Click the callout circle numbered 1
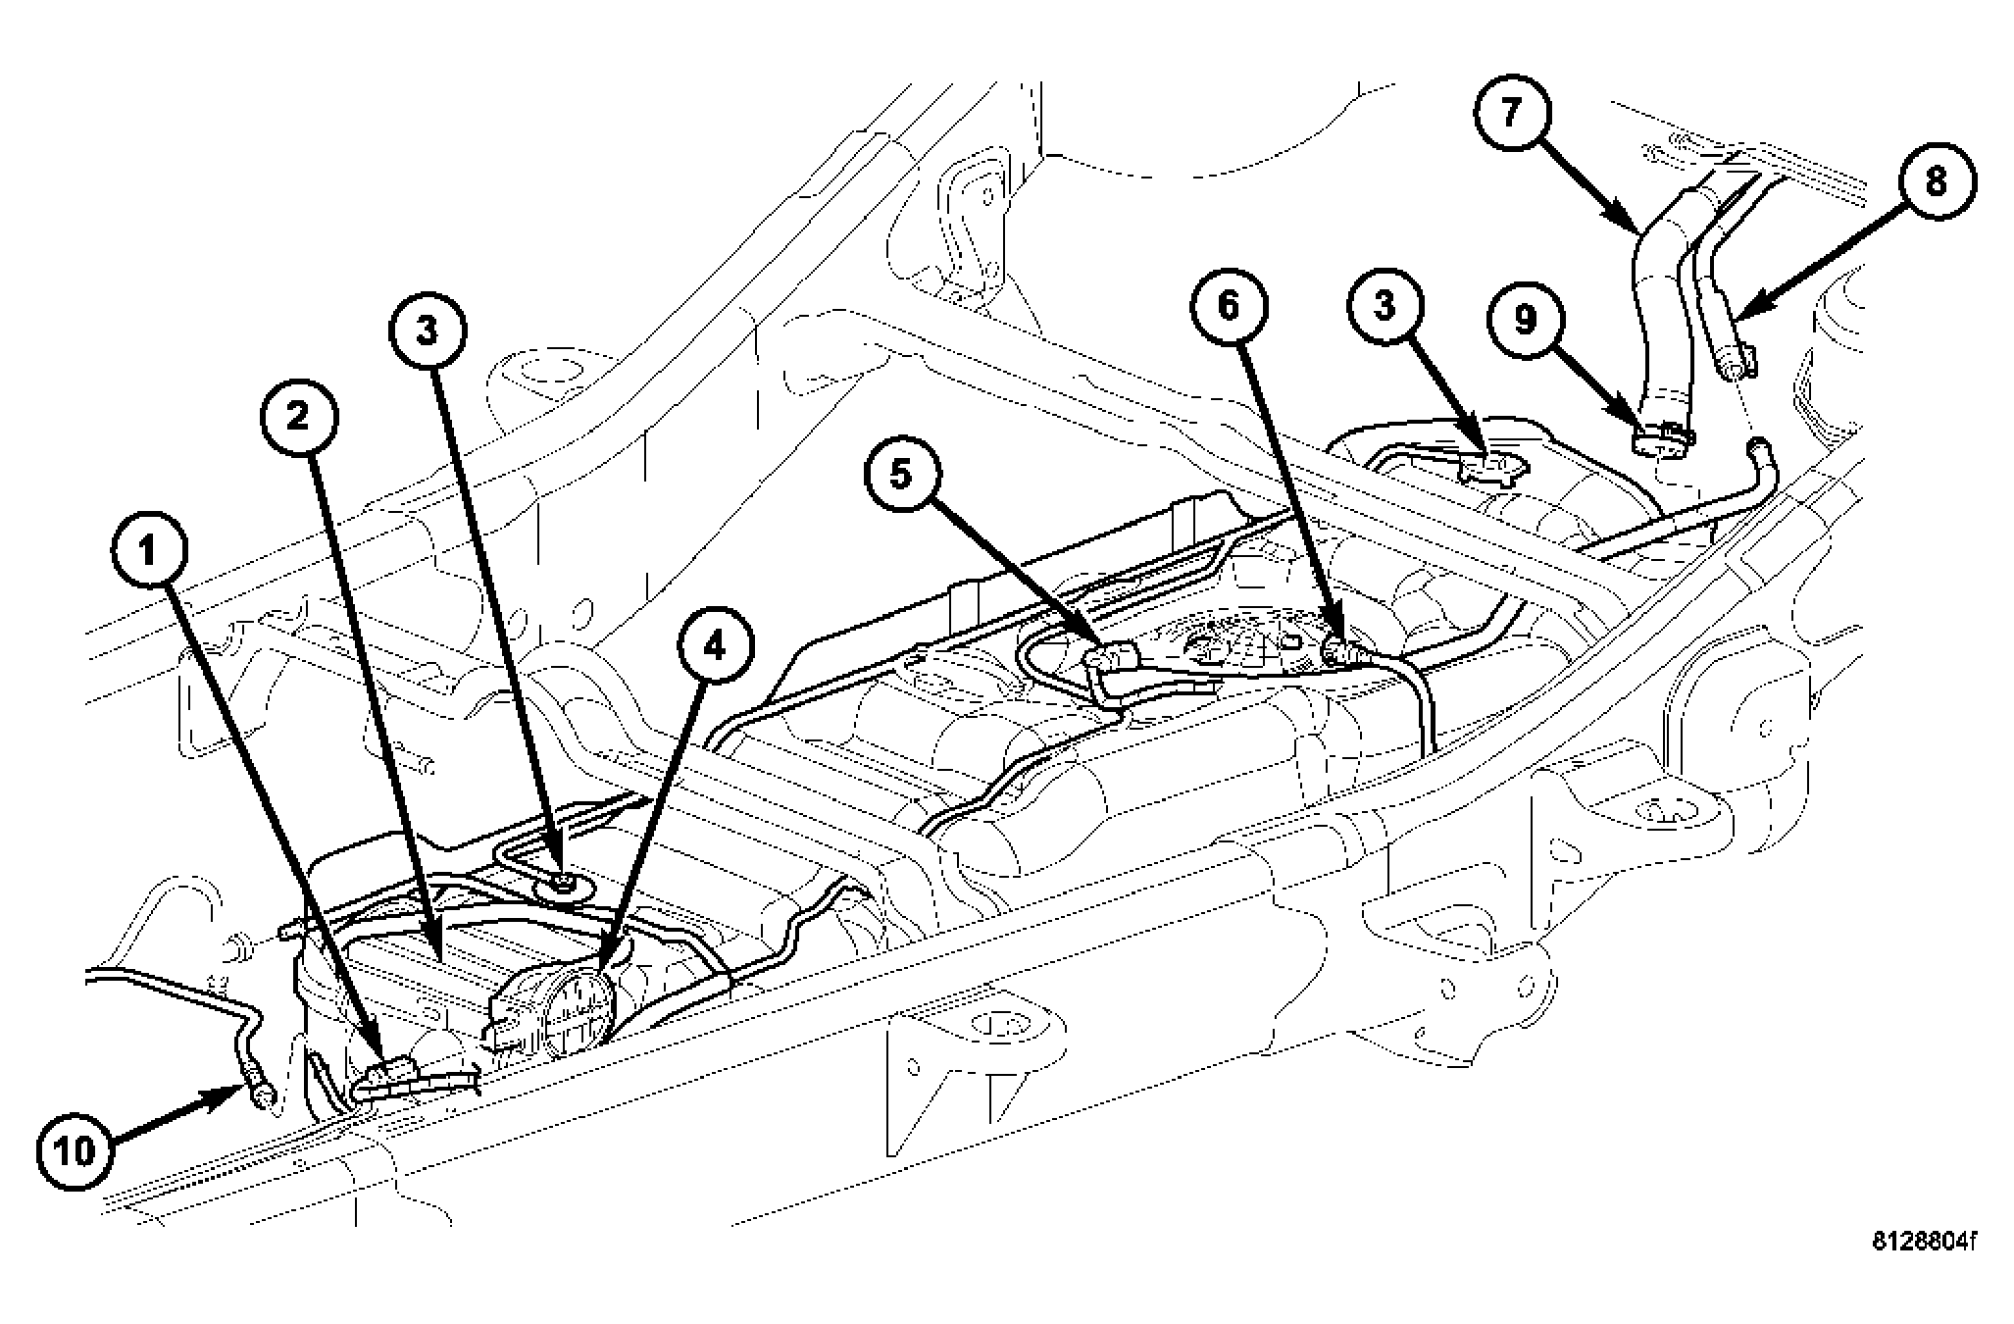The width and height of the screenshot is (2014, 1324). point(148,553)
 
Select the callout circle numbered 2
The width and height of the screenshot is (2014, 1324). point(298,417)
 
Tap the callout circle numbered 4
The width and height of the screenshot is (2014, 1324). point(715,647)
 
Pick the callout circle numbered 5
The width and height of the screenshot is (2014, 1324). point(901,475)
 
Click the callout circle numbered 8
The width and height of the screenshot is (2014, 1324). point(1936,182)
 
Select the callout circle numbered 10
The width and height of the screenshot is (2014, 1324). point(76,1150)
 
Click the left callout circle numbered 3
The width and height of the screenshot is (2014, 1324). point(427,332)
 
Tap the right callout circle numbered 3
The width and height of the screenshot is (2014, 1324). point(1384,307)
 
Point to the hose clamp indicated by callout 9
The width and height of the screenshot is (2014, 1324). point(1662,442)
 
